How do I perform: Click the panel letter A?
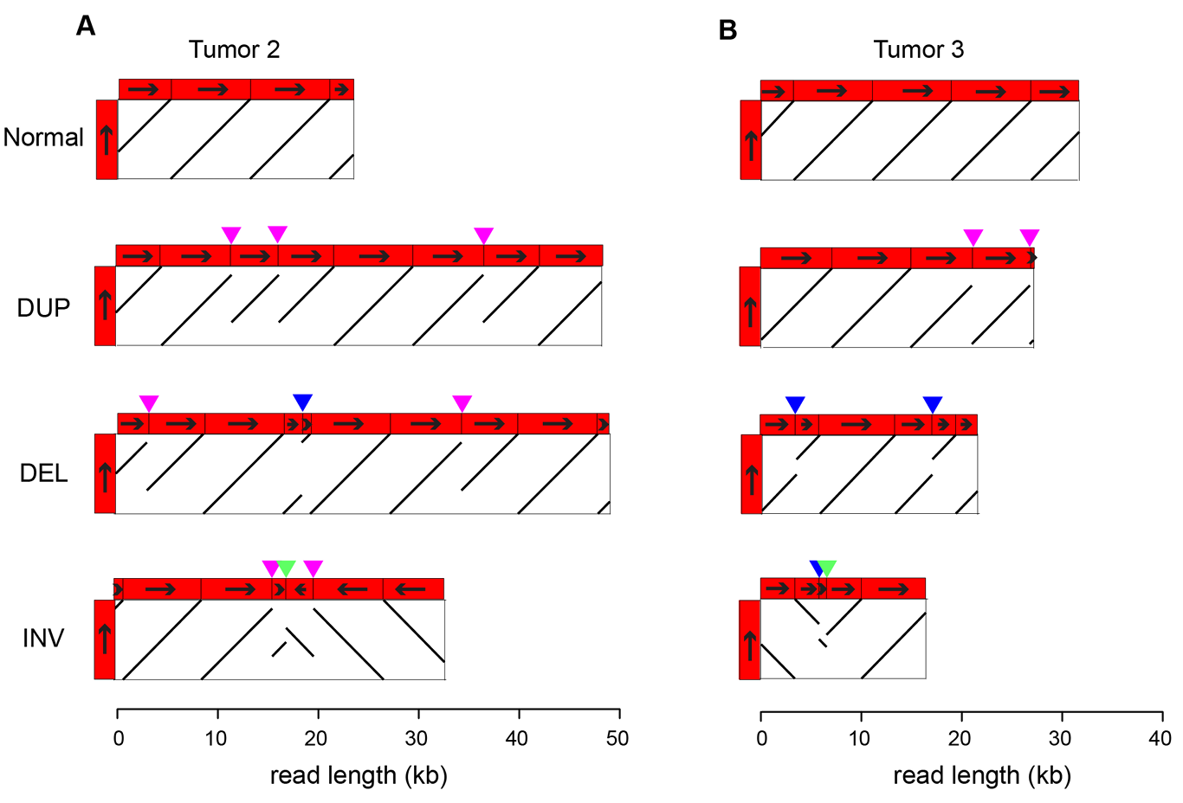point(86,25)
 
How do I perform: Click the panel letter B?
point(727,29)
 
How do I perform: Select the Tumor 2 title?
point(234,49)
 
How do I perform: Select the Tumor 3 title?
point(918,49)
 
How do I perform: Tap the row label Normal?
point(43,138)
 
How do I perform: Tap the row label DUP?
point(43,307)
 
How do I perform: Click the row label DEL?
point(44,473)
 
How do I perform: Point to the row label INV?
point(43,638)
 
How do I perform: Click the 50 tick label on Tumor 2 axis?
point(617,738)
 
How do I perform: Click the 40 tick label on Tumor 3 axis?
point(1160,738)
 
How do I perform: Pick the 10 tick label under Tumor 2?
point(216,738)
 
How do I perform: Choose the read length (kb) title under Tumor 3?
point(982,776)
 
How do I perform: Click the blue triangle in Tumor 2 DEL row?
point(302,402)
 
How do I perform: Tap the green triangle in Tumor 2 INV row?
point(286,569)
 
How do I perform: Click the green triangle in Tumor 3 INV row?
point(827,569)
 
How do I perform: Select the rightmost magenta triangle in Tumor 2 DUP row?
point(484,235)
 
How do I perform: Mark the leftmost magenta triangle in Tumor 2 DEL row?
point(149,403)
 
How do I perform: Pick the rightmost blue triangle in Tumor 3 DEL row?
point(933,405)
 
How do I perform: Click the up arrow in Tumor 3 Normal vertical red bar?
point(751,146)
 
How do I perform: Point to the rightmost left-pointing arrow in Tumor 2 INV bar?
point(410,588)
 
